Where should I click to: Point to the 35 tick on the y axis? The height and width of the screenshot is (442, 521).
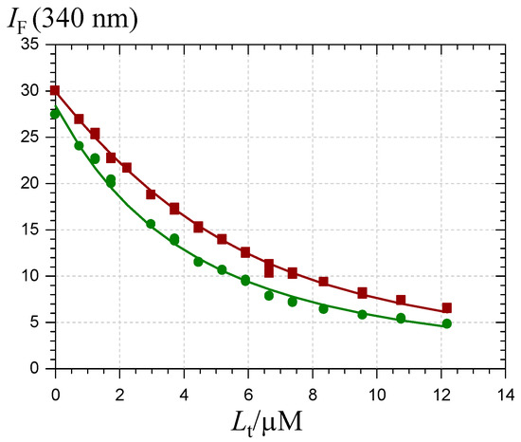(31, 45)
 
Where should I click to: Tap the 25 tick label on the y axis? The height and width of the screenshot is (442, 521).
(31, 138)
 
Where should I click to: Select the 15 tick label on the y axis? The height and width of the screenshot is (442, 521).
(31, 230)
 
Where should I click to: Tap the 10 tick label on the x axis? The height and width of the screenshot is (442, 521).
(378, 388)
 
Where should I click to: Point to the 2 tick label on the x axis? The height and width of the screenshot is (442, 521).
(120, 388)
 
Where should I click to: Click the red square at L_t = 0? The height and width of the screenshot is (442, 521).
(55, 91)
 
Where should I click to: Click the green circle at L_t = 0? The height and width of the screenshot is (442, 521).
(55, 114)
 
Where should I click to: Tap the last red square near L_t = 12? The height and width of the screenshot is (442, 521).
(447, 308)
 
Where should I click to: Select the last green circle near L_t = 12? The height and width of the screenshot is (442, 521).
(447, 323)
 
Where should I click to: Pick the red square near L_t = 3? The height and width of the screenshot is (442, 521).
(151, 194)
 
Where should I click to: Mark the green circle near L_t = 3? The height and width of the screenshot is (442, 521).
(151, 224)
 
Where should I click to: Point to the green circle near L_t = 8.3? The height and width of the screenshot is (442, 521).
(323, 308)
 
